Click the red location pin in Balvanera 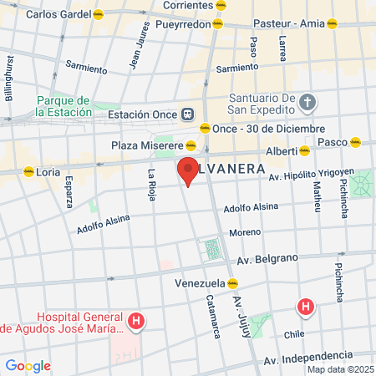coord(188,170)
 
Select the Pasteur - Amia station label coord(287,24)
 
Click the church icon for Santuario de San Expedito coord(307,103)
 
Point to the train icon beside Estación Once coord(188,114)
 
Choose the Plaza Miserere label coord(147,145)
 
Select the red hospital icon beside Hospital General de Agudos coord(136,320)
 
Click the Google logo coord(28,365)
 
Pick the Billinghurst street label coord(9,79)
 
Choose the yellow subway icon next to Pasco coord(356,142)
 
